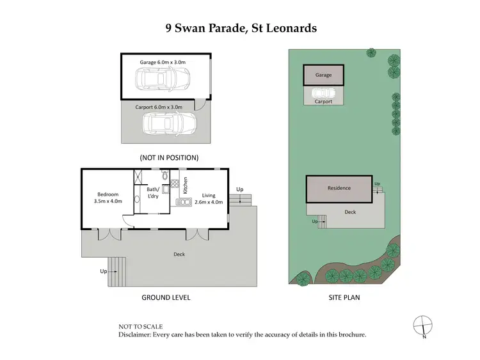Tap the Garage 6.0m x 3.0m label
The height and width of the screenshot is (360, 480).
point(162,62)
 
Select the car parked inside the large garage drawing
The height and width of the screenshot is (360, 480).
point(162,80)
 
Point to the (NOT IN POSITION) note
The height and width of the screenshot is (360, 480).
point(169,157)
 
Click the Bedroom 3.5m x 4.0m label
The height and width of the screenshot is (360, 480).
point(106,198)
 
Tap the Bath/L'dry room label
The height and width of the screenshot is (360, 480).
point(152,192)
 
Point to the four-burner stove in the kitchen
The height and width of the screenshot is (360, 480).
point(174,185)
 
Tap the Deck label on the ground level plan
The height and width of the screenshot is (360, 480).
point(179,254)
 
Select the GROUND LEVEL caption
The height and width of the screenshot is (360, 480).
point(165,297)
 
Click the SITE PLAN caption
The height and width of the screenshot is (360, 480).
point(342,297)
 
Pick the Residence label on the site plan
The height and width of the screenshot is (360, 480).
point(339,189)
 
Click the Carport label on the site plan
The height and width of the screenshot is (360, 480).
point(323,101)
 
